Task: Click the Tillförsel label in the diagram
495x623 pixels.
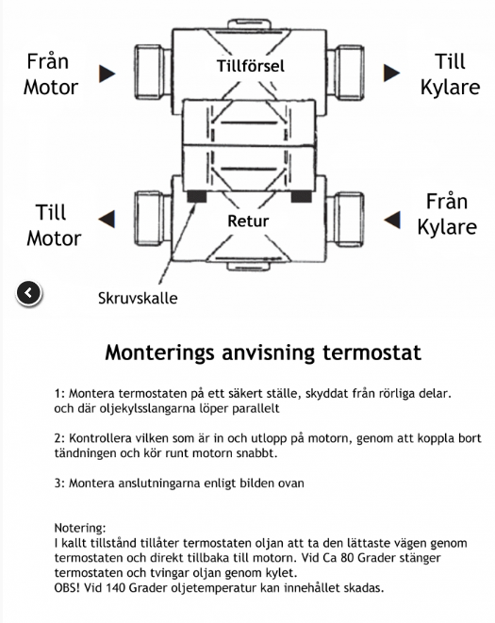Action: (x=251, y=66)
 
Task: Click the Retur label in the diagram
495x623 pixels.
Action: (x=248, y=221)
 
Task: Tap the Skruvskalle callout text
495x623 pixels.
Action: (x=138, y=298)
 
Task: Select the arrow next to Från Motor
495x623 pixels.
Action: (x=107, y=74)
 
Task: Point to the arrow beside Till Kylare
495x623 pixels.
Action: (x=391, y=74)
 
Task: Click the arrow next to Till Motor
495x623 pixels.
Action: (x=107, y=219)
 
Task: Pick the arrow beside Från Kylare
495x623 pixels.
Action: (x=392, y=220)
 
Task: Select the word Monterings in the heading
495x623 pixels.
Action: (x=159, y=353)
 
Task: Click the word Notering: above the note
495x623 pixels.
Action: (x=80, y=528)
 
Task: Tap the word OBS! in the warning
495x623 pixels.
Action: (x=67, y=587)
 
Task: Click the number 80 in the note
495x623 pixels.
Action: (x=347, y=557)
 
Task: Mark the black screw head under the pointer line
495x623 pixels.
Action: (x=196, y=196)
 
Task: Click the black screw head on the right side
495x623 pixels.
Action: (x=301, y=196)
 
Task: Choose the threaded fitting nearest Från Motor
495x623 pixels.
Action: (x=153, y=72)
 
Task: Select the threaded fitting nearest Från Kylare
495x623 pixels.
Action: (x=345, y=219)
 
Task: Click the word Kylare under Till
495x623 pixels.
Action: (x=450, y=89)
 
